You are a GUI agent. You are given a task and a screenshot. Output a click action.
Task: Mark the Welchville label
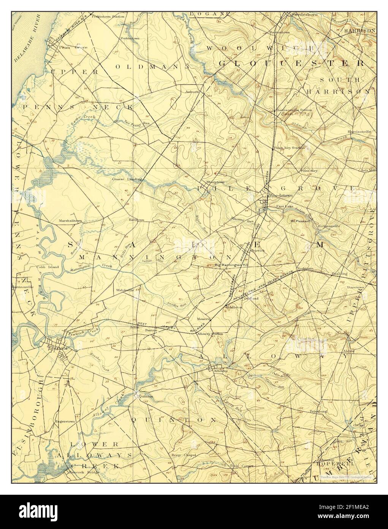(125, 290)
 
